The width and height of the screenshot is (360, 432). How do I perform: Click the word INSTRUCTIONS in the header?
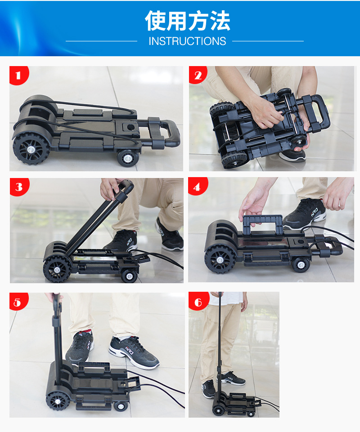187,41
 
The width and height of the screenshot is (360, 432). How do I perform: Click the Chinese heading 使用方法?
187,21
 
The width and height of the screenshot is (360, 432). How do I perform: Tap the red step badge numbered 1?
19,75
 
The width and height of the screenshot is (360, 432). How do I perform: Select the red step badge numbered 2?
198,75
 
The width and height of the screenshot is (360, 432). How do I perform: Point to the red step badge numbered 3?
19,187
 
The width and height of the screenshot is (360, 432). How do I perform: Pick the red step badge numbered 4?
198,187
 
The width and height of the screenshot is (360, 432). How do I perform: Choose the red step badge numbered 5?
18,302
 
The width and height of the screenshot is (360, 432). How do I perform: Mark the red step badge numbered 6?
198,301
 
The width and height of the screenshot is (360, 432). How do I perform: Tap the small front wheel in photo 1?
128,158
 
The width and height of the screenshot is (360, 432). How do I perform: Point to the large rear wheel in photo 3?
57,269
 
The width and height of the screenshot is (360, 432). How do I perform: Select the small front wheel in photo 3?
130,276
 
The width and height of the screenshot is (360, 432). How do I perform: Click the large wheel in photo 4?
220,259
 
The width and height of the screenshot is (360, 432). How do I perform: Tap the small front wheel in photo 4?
301,264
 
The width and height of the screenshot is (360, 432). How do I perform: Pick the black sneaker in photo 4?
305,213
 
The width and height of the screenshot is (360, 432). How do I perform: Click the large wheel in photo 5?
58,401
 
